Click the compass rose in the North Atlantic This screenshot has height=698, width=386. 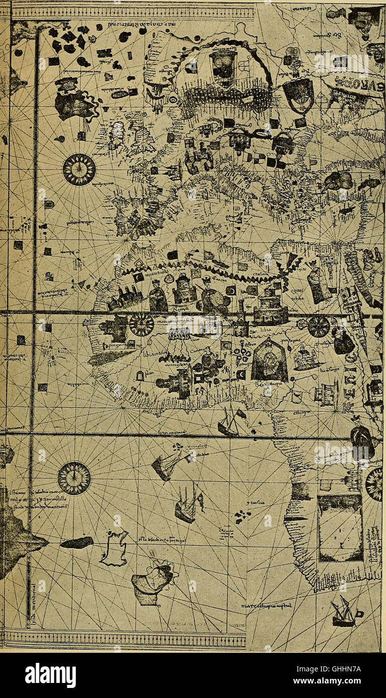(79, 170)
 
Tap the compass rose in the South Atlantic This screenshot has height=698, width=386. (74, 478)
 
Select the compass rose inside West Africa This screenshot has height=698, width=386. (142, 325)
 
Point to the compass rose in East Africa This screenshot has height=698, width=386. (318, 326)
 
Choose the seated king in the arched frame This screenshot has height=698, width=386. (269, 360)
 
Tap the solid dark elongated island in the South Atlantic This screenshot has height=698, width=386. (77, 542)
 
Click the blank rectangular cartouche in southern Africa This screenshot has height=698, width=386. (340, 528)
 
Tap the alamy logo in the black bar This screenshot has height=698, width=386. (51, 675)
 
